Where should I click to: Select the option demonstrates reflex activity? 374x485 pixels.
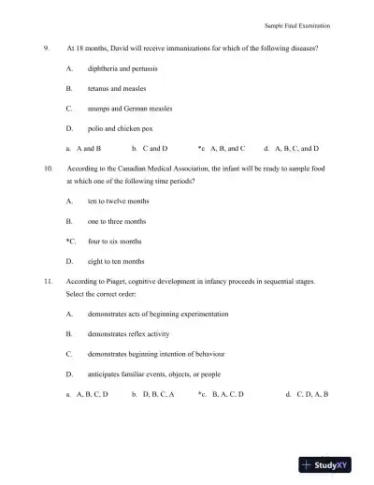coord(130,333)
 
